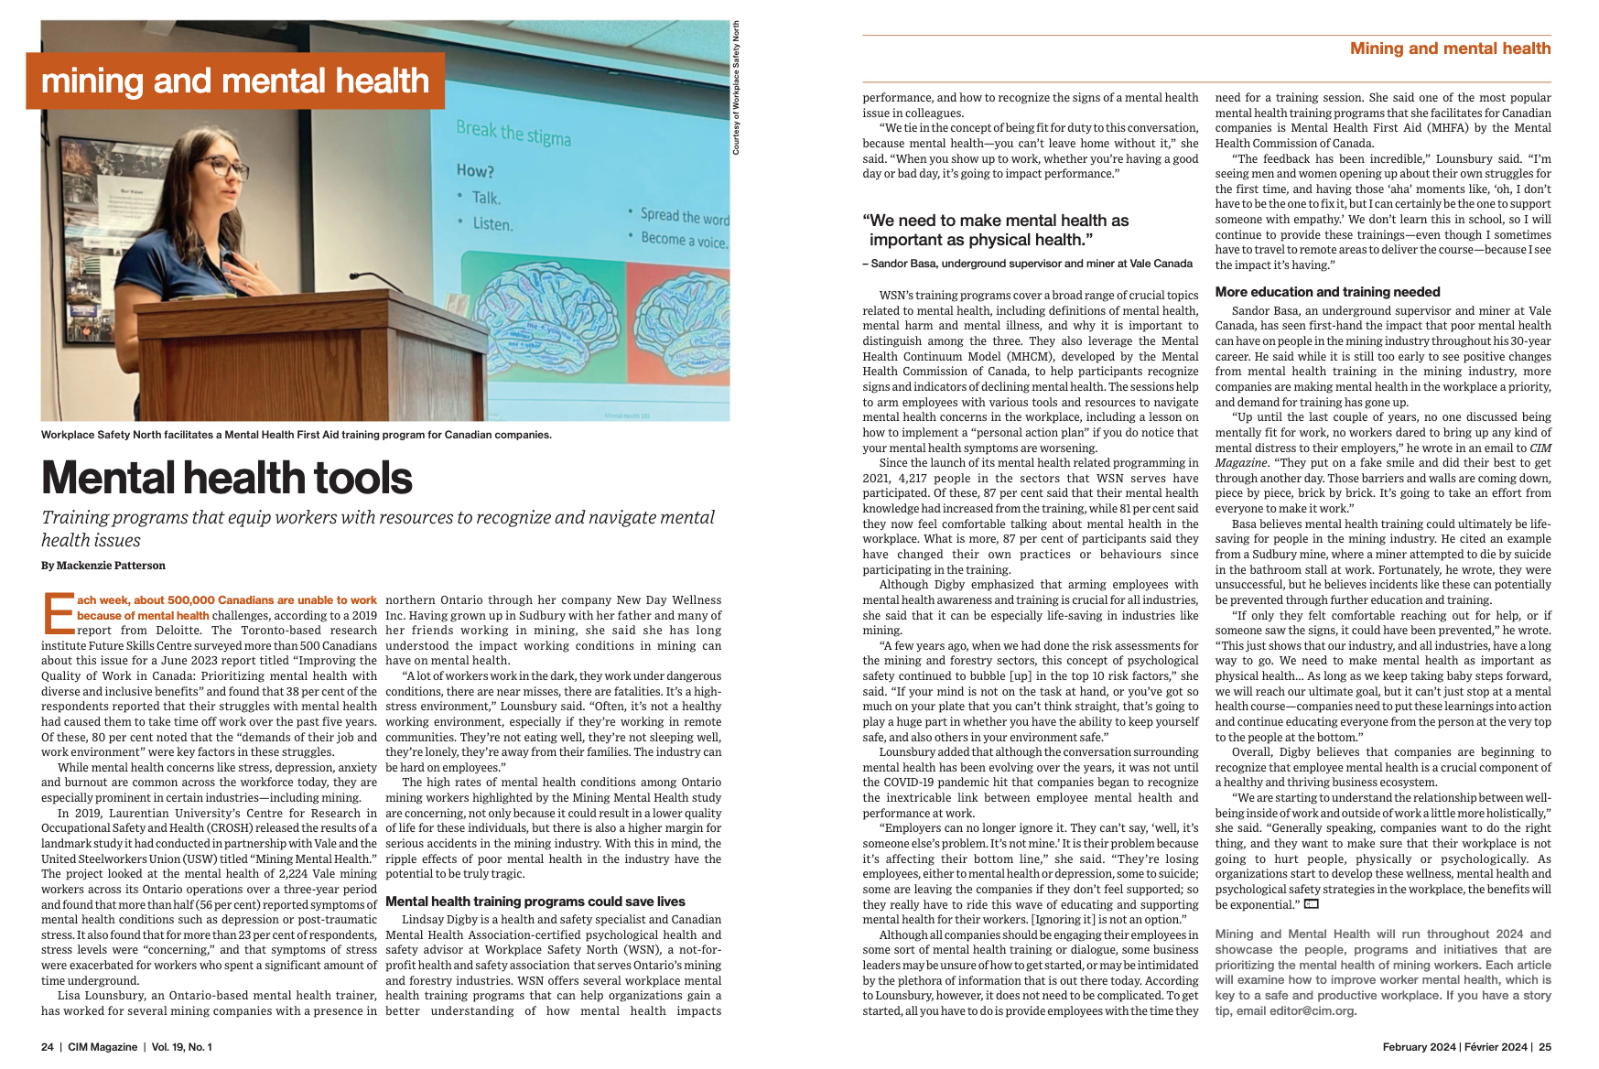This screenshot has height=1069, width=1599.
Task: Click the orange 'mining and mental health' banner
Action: [235, 81]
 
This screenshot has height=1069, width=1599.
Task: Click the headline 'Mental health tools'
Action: [227, 478]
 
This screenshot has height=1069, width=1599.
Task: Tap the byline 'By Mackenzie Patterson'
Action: [103, 566]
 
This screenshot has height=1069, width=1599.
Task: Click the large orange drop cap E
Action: [59, 613]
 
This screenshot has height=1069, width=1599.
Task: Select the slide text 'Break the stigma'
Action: [513, 133]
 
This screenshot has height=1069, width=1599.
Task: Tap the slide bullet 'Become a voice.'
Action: [684, 241]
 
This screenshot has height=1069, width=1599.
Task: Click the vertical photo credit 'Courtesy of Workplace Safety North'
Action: [736, 88]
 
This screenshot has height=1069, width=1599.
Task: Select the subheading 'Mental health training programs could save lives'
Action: [535, 902]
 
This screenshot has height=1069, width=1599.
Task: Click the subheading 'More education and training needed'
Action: [1327, 292]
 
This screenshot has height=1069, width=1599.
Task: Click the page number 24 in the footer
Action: [48, 1047]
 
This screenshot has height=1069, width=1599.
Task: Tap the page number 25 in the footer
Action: [1544, 1047]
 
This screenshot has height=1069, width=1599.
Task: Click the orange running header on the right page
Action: [1450, 49]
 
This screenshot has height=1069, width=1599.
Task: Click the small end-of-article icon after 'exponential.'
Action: [1312, 904]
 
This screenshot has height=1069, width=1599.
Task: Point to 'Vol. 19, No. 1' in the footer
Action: [181, 1047]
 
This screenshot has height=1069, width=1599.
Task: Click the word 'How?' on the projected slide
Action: [475, 171]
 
